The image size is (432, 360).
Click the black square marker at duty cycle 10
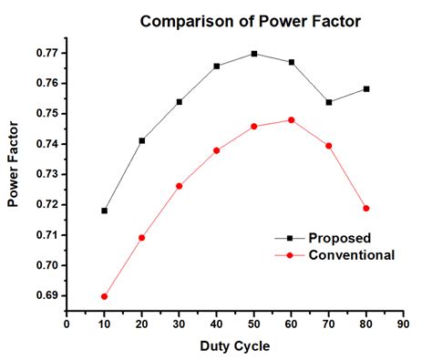tap(104, 211)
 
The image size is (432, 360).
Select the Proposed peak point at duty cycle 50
tap(254, 54)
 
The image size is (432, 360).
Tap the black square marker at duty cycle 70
tap(329, 102)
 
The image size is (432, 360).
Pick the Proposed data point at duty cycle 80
tap(366, 89)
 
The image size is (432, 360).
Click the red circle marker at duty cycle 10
tap(104, 296)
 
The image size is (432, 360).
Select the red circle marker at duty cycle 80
tap(366, 208)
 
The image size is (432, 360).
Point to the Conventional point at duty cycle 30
tap(179, 186)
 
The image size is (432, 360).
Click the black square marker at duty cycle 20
tap(141, 140)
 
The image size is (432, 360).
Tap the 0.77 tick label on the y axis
tap(46, 53)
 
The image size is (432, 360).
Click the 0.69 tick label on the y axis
tap(46, 296)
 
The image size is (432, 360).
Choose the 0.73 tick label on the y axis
tap(46, 174)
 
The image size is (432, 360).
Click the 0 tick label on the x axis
tap(67, 323)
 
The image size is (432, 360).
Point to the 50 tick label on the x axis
tap(254, 323)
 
